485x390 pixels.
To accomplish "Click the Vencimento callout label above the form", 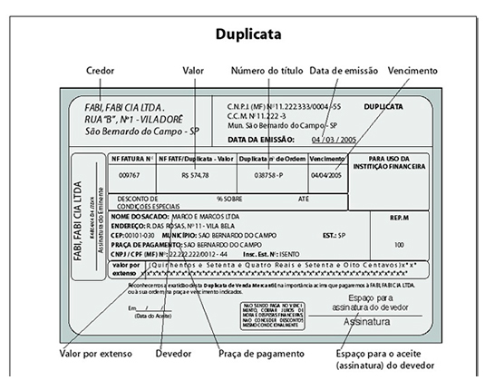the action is pos(412,70).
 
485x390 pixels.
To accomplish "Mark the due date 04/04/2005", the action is pos(326,175).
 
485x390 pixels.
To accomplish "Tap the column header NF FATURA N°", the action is pos(131,158).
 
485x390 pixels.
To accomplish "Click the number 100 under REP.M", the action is pos(399,245).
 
